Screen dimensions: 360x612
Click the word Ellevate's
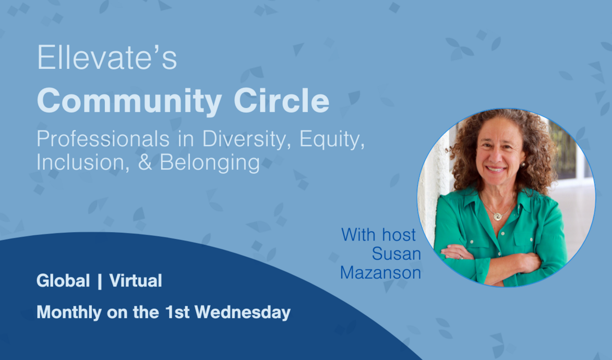[x=107, y=59]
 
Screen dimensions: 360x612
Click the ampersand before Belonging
[x=147, y=162]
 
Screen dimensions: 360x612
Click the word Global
[x=63, y=281]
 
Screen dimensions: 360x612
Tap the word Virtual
[x=136, y=281]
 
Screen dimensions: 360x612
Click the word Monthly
[x=69, y=313]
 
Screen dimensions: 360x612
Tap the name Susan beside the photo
[x=396, y=254]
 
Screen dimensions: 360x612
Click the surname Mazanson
[x=380, y=272]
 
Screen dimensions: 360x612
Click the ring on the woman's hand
[x=460, y=256]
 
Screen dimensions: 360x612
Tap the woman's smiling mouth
[x=496, y=169]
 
